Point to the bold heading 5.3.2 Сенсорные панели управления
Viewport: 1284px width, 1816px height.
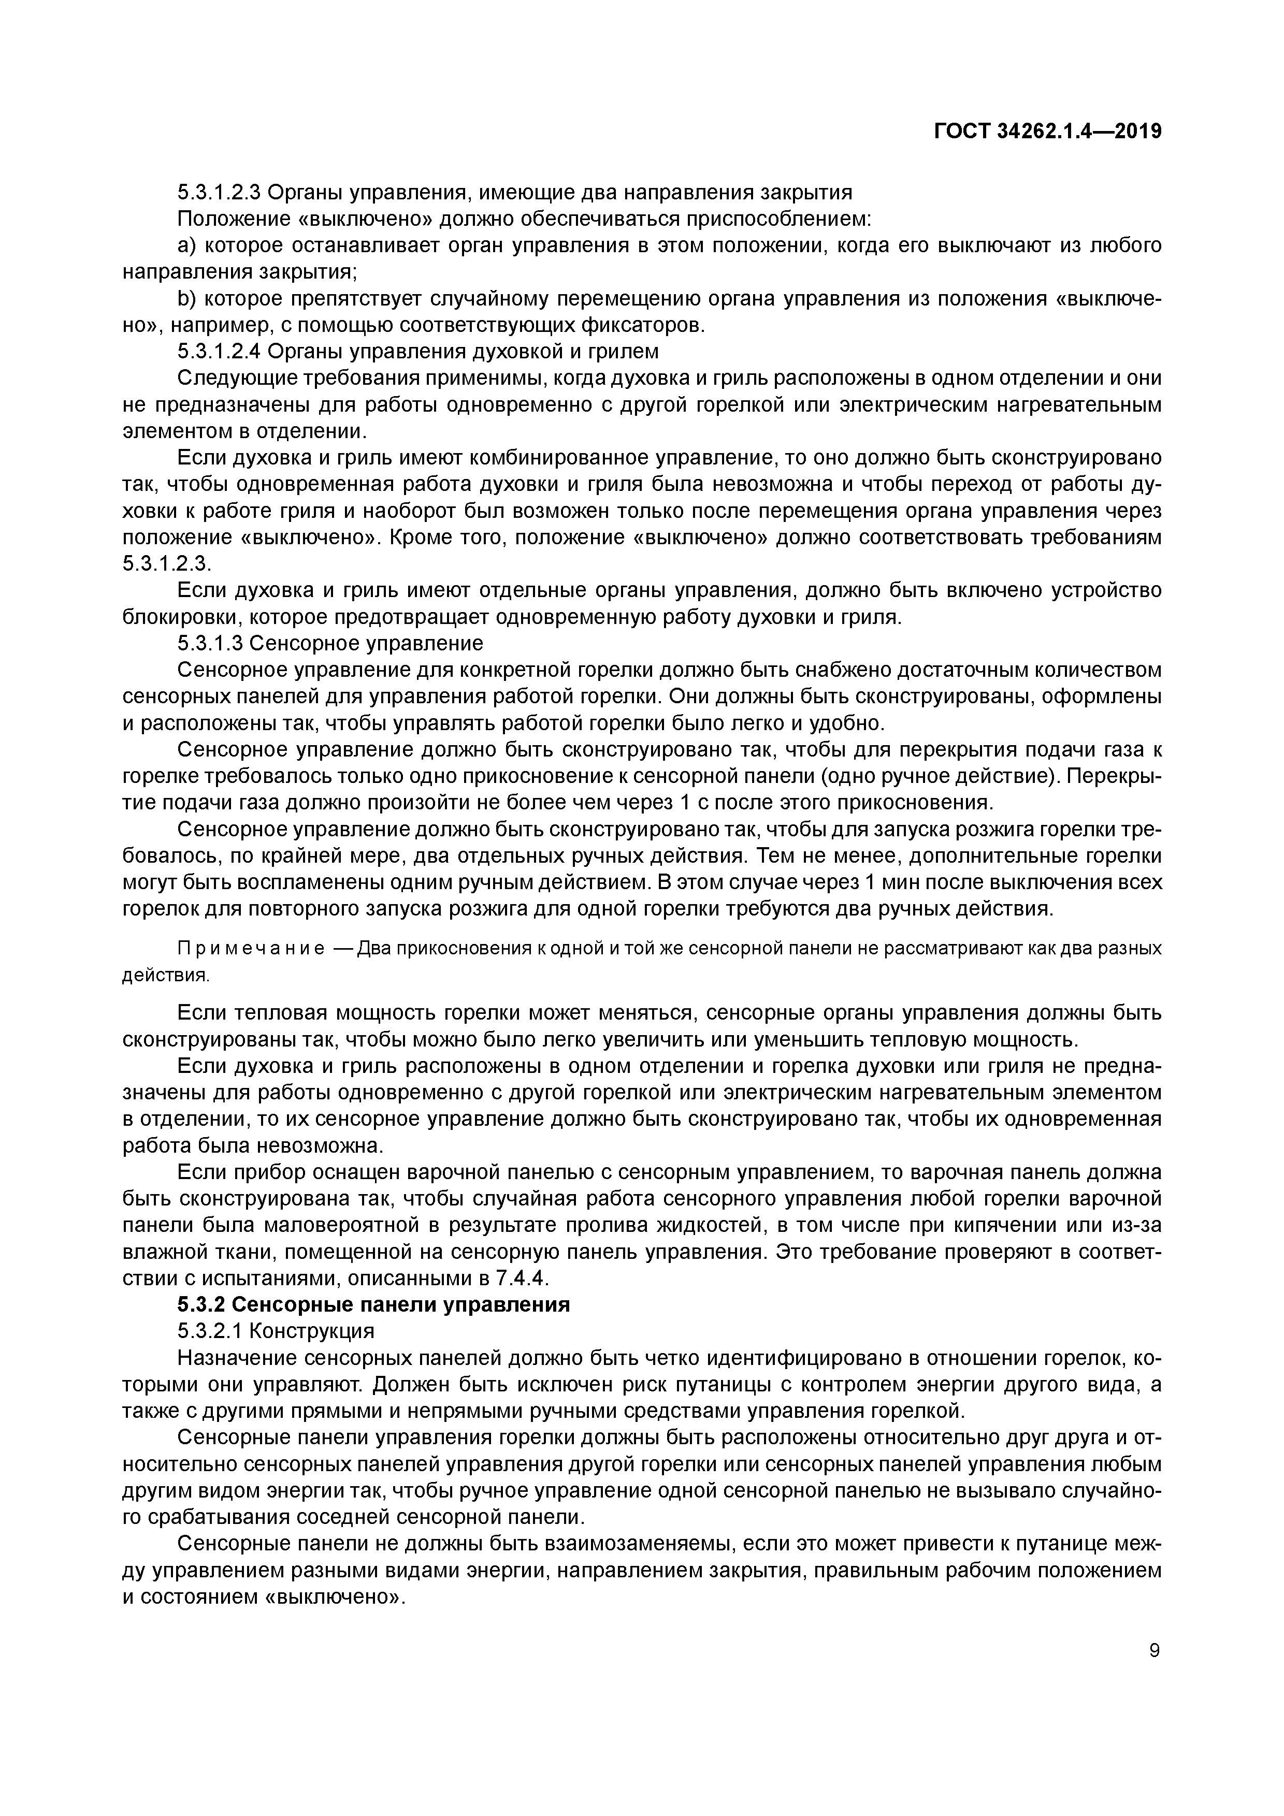tap(373, 1304)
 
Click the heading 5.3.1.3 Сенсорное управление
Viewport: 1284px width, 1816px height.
tap(330, 643)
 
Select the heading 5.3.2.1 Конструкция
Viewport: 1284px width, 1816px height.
tap(276, 1331)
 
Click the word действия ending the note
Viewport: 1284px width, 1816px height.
tap(165, 975)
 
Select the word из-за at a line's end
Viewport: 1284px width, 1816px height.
tap(1139, 1225)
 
